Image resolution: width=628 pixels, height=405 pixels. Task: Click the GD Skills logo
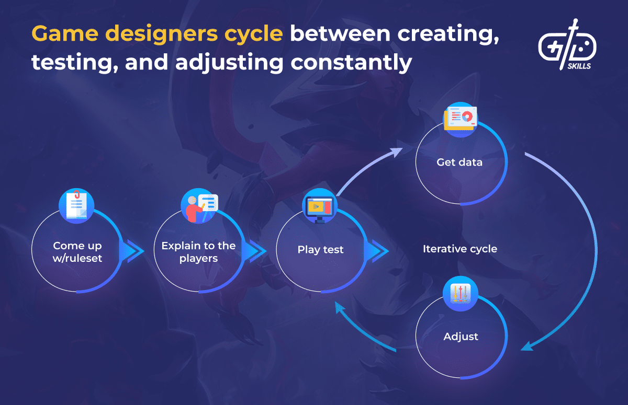(x=567, y=45)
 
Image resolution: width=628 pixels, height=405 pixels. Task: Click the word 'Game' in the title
(x=65, y=34)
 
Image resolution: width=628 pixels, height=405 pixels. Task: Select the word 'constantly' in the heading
(x=351, y=62)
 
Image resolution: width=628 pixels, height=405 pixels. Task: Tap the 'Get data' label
(x=459, y=163)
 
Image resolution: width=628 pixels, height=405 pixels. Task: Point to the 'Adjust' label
(x=461, y=337)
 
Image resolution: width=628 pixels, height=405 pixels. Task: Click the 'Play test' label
(x=320, y=249)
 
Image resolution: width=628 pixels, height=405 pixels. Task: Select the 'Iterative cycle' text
(x=460, y=249)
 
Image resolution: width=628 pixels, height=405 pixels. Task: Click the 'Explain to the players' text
(x=198, y=252)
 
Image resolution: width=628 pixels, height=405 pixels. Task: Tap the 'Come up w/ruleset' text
(x=77, y=252)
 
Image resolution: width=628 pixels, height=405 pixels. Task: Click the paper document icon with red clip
(x=76, y=206)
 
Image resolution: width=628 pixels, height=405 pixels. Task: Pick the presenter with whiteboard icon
(x=199, y=206)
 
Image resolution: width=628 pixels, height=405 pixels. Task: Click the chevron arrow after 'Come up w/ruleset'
(x=132, y=251)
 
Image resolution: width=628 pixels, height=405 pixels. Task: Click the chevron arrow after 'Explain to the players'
(x=254, y=251)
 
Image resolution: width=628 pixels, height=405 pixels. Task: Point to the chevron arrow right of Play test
(x=376, y=251)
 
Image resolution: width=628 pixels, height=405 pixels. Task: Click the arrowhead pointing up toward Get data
(x=397, y=152)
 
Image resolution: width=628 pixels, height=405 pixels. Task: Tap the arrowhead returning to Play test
(x=339, y=307)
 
